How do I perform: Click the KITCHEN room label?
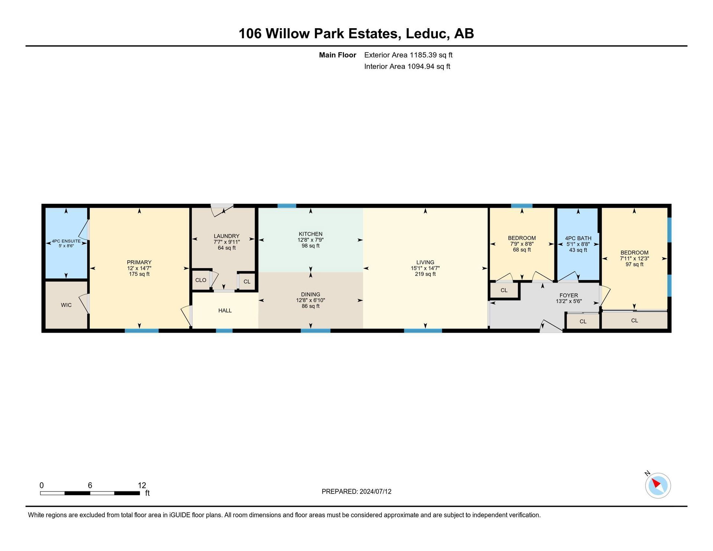coord(310,234)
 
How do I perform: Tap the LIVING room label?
coord(425,262)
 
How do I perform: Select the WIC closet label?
coord(66,305)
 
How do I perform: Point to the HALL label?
coord(225,310)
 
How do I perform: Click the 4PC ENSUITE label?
coord(66,241)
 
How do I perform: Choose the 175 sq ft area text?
coord(139,274)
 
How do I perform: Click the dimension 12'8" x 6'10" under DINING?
coord(310,300)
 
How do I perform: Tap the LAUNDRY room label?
coord(227,236)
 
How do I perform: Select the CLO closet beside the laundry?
coord(201,280)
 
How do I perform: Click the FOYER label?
coord(569,296)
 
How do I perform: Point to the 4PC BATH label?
coord(578,238)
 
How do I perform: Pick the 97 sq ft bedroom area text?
coord(634,264)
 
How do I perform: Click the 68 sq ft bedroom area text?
coord(522,250)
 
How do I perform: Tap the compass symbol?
coord(658,485)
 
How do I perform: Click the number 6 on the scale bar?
coord(90,485)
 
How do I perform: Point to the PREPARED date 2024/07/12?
coord(375,491)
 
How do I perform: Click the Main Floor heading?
coord(338,55)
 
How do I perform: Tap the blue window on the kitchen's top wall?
coord(287,206)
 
